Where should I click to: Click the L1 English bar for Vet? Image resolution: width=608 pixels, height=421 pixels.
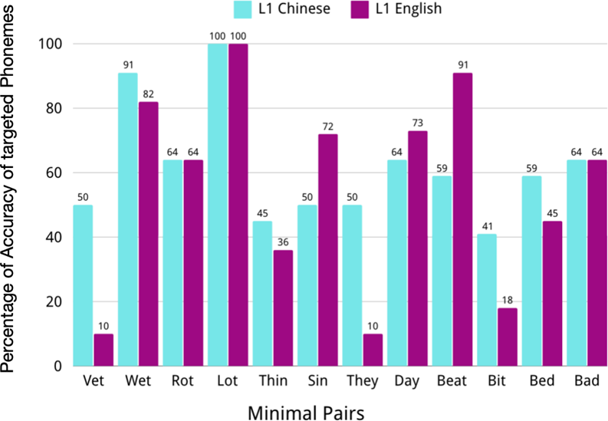click(104, 350)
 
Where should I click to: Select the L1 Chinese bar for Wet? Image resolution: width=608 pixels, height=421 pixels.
click(127, 219)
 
